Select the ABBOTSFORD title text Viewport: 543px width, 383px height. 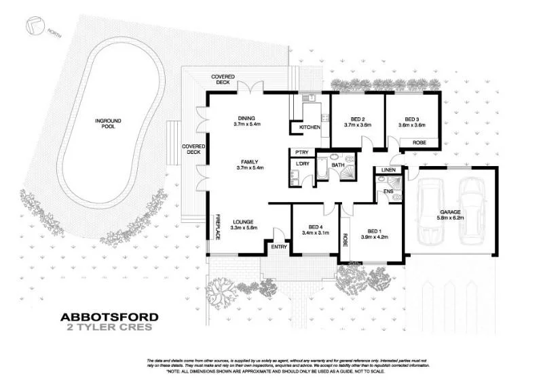[110, 317]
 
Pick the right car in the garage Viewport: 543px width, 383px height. [473, 211]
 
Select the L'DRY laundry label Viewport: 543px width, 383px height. [299, 163]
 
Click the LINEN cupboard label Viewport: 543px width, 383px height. [389, 169]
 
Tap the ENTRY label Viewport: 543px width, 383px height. [278, 247]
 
